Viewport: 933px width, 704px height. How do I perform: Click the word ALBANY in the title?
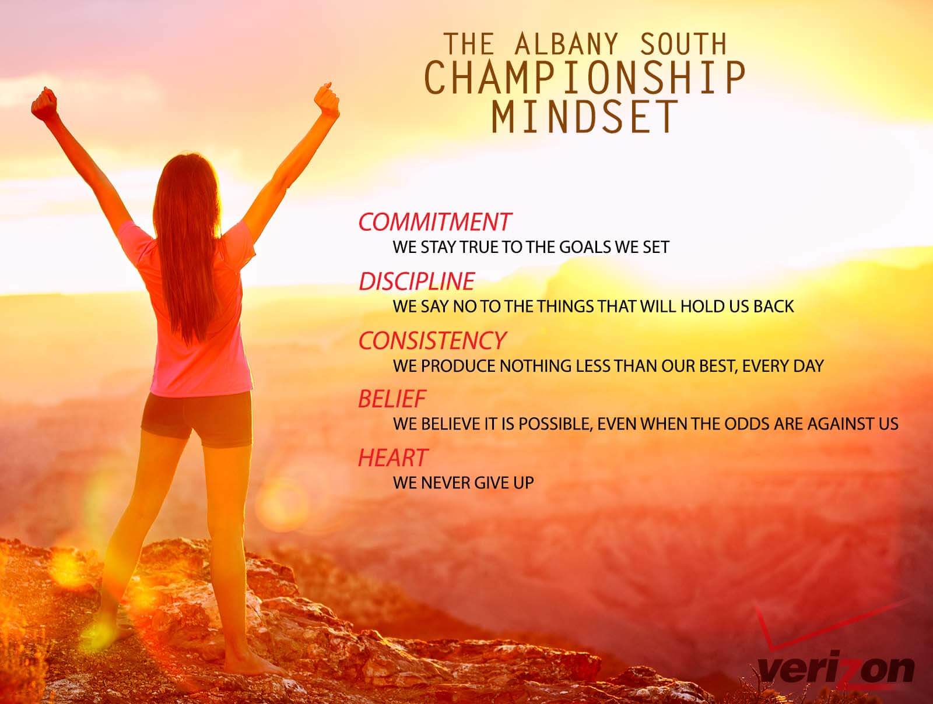pyautogui.click(x=566, y=44)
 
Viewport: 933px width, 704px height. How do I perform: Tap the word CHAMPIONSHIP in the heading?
pyautogui.click(x=585, y=78)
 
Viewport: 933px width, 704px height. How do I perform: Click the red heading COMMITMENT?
pyautogui.click(x=434, y=222)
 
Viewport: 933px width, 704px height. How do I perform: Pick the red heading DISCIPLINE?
pyautogui.click(x=416, y=281)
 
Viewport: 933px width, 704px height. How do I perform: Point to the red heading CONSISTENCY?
pyautogui.click(x=432, y=340)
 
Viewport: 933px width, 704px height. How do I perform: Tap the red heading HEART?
pyautogui.click(x=393, y=457)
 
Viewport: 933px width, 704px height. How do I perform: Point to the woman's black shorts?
pyautogui.click(x=197, y=418)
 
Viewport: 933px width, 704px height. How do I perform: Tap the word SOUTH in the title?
pyautogui.click(x=683, y=44)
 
